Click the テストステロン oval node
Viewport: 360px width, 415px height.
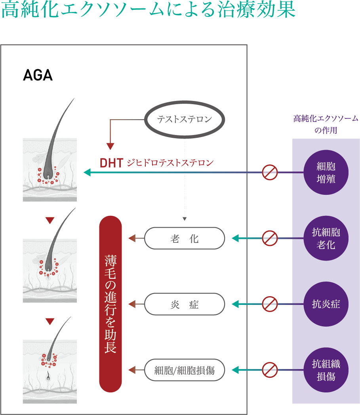pyautogui.click(x=185, y=119)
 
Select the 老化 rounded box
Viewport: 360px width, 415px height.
pyautogui.click(x=185, y=238)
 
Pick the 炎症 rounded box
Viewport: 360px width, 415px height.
pyautogui.click(x=185, y=304)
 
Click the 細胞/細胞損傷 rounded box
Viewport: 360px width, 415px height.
pyautogui.click(x=185, y=370)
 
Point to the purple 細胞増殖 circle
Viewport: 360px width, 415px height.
pyautogui.click(x=326, y=172)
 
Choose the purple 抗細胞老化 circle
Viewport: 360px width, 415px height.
pyautogui.click(x=326, y=238)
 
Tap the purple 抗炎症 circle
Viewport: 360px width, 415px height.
pyautogui.click(x=326, y=304)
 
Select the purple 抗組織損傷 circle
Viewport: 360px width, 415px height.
pyautogui.click(x=326, y=370)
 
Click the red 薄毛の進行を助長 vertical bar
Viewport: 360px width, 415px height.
pyautogui.click(x=110, y=304)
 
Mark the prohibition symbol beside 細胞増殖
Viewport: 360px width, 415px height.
pyautogui.click(x=270, y=172)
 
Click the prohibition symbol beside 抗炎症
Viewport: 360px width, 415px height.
pyautogui.click(x=270, y=304)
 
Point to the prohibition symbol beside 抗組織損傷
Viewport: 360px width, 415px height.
pyautogui.click(x=270, y=370)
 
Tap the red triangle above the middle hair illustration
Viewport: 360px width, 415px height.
pyautogui.click(x=50, y=220)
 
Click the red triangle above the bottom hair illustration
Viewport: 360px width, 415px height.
pyautogui.click(x=50, y=321)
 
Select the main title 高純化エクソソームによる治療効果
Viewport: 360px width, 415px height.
pyautogui.click(x=149, y=11)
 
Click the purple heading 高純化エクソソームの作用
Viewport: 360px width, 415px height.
pyautogui.click(x=326, y=124)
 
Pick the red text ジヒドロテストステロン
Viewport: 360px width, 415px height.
pyautogui.click(x=170, y=163)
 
